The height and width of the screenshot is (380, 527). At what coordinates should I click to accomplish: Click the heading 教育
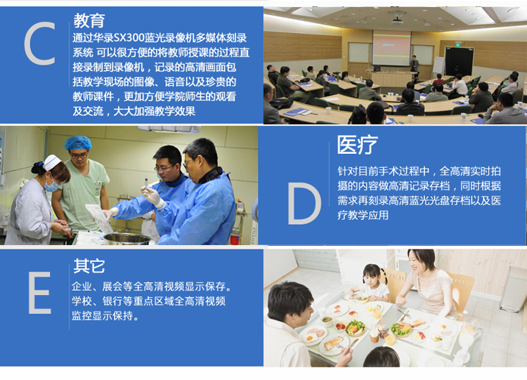(89, 20)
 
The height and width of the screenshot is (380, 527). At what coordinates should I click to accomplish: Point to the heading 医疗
(357, 145)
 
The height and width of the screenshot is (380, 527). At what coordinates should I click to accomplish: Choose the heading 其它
(89, 266)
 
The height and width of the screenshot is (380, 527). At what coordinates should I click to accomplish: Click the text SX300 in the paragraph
(129, 38)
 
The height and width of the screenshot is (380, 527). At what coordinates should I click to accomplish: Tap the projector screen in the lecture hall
(391, 48)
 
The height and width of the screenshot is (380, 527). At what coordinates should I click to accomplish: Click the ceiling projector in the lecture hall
(396, 21)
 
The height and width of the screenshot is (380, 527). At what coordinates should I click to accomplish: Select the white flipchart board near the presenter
(438, 65)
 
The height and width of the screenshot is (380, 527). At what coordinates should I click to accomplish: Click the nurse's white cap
(52, 162)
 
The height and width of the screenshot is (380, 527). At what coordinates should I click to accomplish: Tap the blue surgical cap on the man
(78, 143)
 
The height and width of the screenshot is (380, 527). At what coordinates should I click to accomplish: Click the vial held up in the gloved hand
(146, 183)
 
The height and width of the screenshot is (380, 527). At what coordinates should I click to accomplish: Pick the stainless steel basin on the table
(127, 239)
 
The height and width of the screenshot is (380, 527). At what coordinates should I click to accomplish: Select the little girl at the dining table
(372, 282)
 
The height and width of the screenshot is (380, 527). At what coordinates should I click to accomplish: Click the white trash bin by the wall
(512, 289)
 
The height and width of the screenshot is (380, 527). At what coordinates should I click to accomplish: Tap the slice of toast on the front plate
(333, 343)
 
